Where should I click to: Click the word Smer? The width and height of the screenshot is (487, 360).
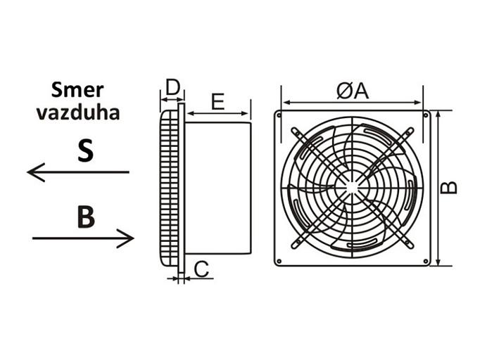77,90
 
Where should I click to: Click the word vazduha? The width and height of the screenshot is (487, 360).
78,112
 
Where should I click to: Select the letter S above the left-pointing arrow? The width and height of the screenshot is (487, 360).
85,151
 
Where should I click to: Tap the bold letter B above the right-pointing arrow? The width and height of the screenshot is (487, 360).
86,217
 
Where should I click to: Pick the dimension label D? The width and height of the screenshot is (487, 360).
172,87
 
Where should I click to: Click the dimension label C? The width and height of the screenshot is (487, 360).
201,269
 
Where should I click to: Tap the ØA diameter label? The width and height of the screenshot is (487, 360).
353,91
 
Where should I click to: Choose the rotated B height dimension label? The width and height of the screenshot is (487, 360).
449,188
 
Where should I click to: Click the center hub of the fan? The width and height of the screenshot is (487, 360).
352,188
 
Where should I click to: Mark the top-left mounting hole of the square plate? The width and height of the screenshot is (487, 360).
279,115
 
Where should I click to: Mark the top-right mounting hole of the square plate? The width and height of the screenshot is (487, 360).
426,115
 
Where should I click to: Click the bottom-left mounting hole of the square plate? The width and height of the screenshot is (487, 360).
279,262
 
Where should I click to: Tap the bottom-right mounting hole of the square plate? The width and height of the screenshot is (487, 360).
426,262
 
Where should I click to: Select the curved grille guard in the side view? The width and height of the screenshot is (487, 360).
170,188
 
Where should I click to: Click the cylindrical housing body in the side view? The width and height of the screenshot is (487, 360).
217,188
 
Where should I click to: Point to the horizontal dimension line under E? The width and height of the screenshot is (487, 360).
217,114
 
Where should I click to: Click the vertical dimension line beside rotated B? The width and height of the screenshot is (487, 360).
438,188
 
